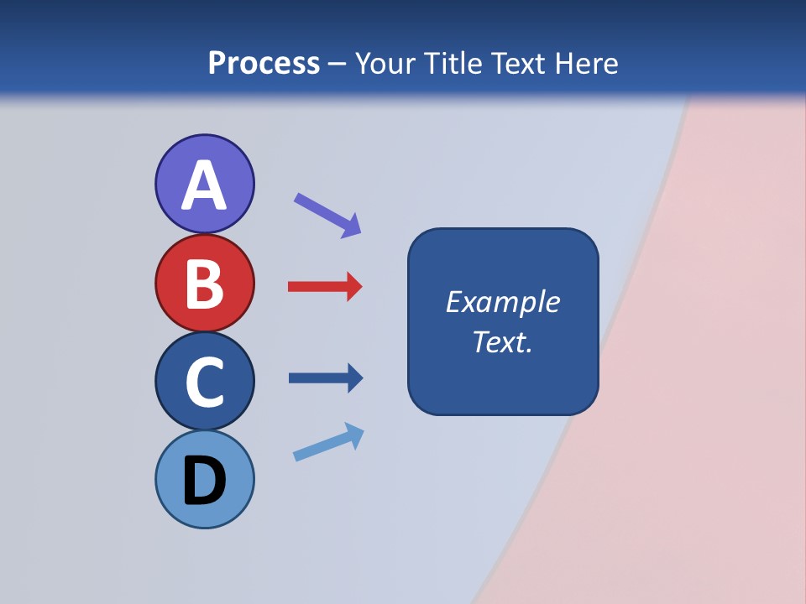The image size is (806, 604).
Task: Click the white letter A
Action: coord(204,186)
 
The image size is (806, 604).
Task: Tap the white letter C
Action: coord(204,382)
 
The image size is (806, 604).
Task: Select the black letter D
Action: coord(204,482)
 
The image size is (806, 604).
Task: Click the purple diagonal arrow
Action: coord(327,215)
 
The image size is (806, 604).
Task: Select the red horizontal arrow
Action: coord(324,287)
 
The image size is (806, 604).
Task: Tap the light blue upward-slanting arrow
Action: coord(328,442)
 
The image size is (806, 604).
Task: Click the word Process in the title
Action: coord(264,64)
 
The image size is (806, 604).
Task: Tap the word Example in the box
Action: coord(502,302)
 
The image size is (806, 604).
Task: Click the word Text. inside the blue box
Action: coord(502,342)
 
